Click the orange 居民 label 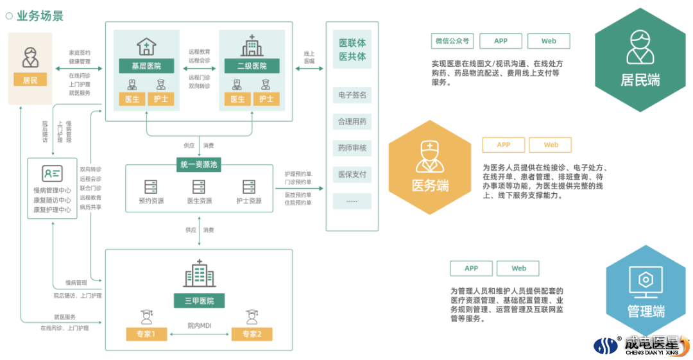point(30,80)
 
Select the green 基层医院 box point(146,66)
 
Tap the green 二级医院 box point(252,66)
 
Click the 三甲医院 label point(198,300)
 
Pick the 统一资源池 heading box point(199,164)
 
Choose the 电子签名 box point(352,95)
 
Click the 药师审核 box point(352,148)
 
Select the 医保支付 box point(352,174)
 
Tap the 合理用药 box point(352,121)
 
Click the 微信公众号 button point(452,41)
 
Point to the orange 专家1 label point(146,334)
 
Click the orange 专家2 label point(252,334)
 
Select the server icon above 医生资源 point(199,187)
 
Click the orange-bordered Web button point(551,145)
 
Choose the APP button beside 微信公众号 point(501,41)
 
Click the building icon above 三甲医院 point(199,274)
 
